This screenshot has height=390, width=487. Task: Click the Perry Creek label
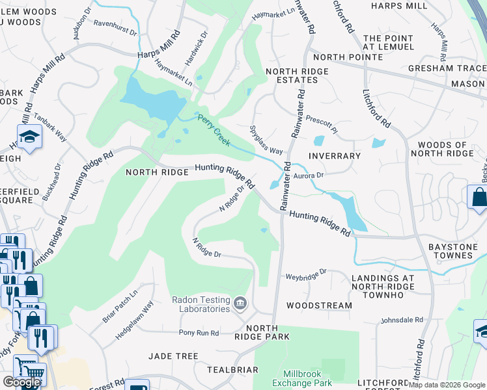click(214, 129)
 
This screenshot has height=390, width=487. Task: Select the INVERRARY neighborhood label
click(335, 156)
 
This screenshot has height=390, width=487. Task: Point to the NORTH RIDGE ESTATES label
click(291, 75)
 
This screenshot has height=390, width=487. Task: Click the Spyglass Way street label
click(266, 140)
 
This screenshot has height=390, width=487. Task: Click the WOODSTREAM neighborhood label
click(319, 305)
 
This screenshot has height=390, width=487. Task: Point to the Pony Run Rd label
click(199, 333)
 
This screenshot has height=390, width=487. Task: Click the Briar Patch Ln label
click(120, 305)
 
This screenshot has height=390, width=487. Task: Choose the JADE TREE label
click(173, 356)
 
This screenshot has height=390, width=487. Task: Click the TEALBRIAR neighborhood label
click(232, 369)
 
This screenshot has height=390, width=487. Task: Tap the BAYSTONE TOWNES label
click(451, 252)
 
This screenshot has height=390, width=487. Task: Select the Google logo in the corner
click(21, 382)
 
